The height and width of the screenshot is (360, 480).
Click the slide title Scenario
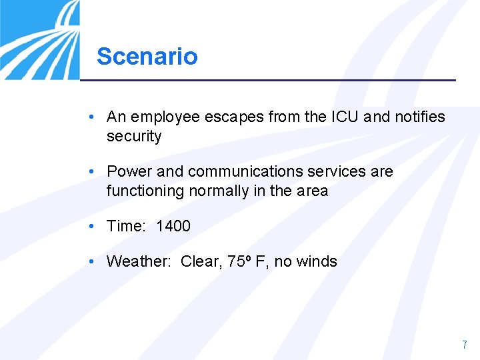click(147, 56)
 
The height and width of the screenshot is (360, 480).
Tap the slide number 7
click(465, 345)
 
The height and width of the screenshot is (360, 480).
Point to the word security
click(134, 137)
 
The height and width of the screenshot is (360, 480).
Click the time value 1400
click(173, 226)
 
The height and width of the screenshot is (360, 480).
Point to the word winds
click(317, 261)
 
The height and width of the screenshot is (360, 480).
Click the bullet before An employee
click(91, 117)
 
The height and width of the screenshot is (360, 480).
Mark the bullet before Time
click(91, 226)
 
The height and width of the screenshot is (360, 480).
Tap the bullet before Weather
click(91, 261)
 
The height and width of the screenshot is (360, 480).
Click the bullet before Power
click(91, 171)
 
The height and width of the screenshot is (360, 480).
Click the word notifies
click(419, 117)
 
